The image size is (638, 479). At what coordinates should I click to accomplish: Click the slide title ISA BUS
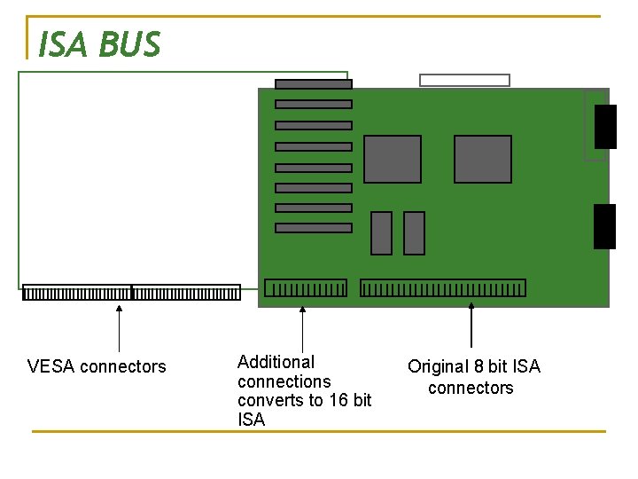(x=99, y=43)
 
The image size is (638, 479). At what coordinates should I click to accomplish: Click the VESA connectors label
(x=97, y=366)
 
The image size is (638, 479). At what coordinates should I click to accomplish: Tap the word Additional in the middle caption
(x=276, y=362)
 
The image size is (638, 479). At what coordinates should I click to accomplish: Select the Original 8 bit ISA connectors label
(x=473, y=377)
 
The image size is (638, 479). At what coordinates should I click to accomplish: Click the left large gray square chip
(x=393, y=160)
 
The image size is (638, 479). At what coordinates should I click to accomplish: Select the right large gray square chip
(x=483, y=160)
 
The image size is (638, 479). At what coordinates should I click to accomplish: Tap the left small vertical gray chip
(x=381, y=233)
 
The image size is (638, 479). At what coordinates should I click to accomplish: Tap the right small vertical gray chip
(x=414, y=233)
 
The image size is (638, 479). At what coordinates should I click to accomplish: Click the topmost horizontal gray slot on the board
(x=314, y=84)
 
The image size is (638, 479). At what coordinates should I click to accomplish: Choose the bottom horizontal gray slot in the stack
(x=314, y=228)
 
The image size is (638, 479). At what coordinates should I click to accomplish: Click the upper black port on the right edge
(x=605, y=126)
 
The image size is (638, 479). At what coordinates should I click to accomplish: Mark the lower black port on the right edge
(x=604, y=226)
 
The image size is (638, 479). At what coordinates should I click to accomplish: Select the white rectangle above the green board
(x=464, y=80)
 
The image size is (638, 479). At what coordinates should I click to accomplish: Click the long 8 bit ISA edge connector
(x=443, y=288)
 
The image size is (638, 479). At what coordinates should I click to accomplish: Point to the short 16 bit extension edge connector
(x=306, y=288)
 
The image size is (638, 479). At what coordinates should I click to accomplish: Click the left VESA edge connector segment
(x=77, y=293)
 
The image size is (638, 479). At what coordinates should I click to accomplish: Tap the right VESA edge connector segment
(x=186, y=293)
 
